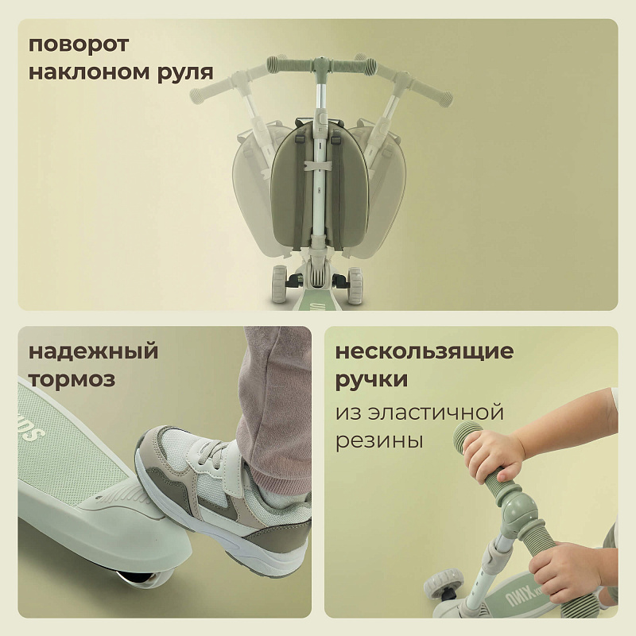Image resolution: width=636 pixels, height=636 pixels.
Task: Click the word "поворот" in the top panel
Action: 78,45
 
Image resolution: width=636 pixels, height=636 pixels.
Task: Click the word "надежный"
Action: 93,351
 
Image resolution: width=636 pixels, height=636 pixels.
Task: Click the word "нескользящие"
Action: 425,351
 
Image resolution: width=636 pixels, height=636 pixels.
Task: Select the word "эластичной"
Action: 434,413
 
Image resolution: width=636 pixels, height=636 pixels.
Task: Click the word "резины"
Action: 379,441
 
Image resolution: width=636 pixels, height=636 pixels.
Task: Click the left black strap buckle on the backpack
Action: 301,139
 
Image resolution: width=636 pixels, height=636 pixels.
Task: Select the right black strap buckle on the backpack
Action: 335,139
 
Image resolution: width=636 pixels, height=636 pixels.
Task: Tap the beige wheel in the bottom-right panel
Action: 444,583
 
